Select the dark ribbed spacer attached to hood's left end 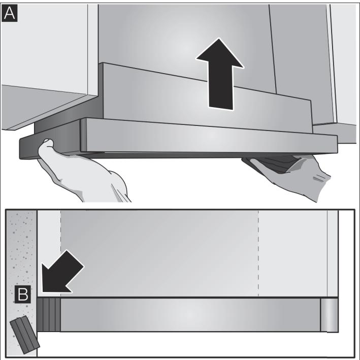pyautogui.click(x=49, y=315)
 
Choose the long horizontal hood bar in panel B pyautogui.click(x=190, y=315)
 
